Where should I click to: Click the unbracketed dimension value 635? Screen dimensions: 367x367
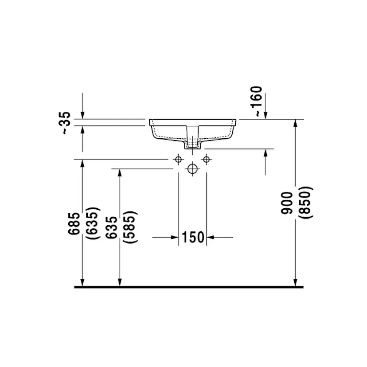tap(112, 227)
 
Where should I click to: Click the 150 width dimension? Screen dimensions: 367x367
tap(193, 238)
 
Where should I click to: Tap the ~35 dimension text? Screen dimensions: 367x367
tap(65, 123)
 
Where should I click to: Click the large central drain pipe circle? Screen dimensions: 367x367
tap(192, 169)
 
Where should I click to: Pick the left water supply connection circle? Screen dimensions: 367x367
tap(178, 159)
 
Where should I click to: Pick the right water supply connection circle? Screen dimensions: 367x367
tap(206, 159)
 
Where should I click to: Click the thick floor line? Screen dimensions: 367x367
tap(188, 287)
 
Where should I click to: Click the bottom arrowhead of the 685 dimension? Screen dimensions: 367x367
tap(82, 282)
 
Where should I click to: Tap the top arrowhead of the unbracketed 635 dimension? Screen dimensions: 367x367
tap(119, 173)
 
